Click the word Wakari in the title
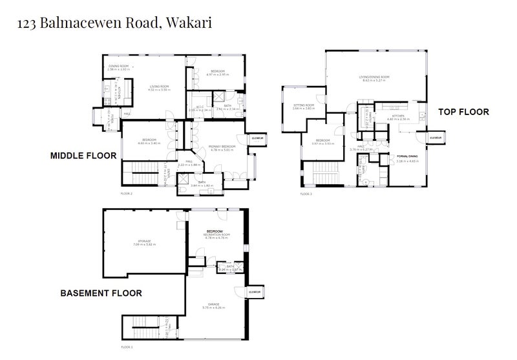click(189, 24)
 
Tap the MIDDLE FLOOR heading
click(83, 156)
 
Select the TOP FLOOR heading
click(463, 112)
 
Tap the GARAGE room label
click(214, 304)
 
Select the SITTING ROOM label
click(303, 105)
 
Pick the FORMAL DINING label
click(407, 156)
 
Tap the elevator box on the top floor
click(434, 138)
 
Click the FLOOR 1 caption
click(126, 347)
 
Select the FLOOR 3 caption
click(306, 193)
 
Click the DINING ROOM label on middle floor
click(118, 67)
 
